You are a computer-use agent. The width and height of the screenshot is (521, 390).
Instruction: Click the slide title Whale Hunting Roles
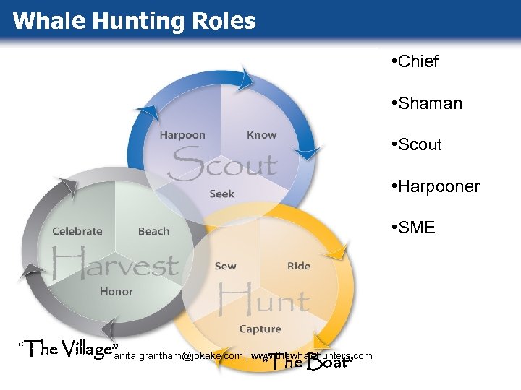click(134, 20)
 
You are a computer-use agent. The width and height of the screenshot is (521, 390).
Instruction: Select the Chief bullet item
click(414, 61)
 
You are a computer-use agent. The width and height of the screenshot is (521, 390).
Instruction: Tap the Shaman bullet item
click(425, 103)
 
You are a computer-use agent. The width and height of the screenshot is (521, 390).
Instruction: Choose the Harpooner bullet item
click(434, 186)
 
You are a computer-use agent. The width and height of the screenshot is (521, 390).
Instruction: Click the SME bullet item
click(412, 228)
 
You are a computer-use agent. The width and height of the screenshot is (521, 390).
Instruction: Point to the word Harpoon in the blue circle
click(182, 134)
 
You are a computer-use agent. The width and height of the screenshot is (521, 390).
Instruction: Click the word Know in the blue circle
click(261, 134)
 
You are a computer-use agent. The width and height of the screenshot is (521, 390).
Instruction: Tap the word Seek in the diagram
click(221, 194)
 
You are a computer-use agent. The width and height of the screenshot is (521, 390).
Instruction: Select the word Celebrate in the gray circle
click(77, 231)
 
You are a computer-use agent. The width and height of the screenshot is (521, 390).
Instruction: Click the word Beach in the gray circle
click(153, 231)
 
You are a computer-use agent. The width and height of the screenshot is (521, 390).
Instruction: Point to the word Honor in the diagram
click(117, 291)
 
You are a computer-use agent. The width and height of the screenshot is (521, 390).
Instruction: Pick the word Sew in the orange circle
click(225, 266)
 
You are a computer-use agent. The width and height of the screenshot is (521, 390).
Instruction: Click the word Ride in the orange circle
click(298, 266)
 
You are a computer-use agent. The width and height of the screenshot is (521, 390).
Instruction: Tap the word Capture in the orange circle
click(260, 329)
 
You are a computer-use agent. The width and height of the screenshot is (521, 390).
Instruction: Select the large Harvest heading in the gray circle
click(115, 261)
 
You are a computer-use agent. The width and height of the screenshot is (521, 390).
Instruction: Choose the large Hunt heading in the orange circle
click(263, 297)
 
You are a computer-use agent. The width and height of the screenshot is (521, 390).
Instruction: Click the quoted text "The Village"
click(67, 350)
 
